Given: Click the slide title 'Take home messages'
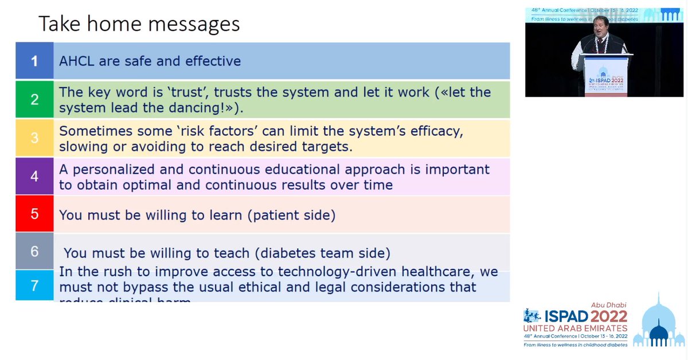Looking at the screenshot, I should point(139,24).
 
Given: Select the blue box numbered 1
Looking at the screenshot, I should point(34,61).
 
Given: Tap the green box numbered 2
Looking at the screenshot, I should point(34,99).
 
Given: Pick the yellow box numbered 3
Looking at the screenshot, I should point(34,138).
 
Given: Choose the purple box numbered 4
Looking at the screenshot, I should point(34,176).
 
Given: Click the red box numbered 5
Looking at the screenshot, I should point(34,214).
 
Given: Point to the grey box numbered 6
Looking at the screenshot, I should point(34,251).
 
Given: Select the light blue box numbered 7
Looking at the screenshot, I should point(34,285).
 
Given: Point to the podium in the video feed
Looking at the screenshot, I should point(605,75).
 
